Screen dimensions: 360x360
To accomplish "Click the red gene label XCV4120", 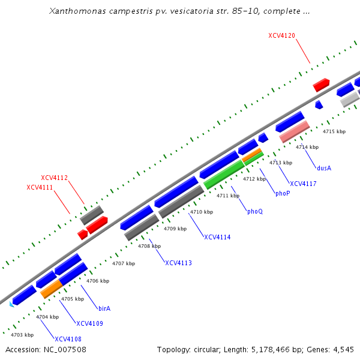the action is click(281, 36).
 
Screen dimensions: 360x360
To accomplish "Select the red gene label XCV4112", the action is click(54, 178).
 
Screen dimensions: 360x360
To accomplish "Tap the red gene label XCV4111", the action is click(40, 188).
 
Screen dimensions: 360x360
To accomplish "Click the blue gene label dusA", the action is click(324, 168).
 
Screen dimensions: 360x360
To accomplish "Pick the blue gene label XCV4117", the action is click(303, 184).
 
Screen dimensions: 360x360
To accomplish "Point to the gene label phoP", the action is click(283, 194).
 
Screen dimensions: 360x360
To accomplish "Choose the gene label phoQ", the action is click(255, 211).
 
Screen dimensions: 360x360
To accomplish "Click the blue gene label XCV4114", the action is click(217, 237).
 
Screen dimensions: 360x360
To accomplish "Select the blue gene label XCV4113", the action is click(179, 263).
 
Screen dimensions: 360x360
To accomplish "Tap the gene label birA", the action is click(104, 308).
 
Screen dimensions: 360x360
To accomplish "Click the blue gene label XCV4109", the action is click(90, 324).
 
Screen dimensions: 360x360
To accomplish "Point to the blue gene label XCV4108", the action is click(68, 339).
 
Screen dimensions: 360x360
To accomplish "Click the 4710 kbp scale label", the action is click(202, 212).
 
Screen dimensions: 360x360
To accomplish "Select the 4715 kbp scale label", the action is click(334, 131).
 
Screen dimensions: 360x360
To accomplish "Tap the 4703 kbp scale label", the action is click(22, 335).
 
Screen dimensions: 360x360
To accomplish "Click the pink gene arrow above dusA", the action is click(294, 131).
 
